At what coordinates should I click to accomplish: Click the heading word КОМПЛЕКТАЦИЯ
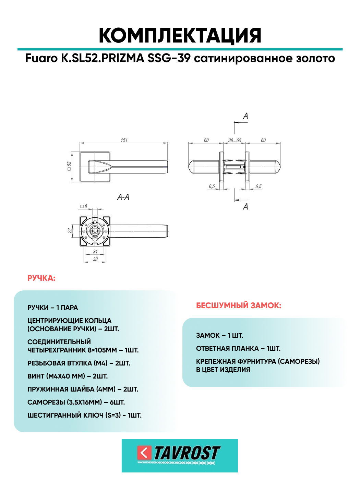click(x=180, y=36)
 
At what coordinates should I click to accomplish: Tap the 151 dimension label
click(x=124, y=140)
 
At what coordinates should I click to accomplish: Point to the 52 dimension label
click(x=69, y=166)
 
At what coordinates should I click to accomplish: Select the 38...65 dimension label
click(x=235, y=140)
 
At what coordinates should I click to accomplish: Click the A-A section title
click(x=123, y=197)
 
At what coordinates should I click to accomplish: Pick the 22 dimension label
click(x=70, y=231)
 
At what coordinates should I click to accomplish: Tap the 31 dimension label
click(x=95, y=251)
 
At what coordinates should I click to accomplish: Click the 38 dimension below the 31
click(x=95, y=259)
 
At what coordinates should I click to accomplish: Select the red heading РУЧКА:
click(x=41, y=278)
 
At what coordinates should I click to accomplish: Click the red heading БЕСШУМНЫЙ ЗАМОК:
click(x=239, y=305)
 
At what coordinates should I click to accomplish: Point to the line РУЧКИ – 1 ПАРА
click(x=53, y=308)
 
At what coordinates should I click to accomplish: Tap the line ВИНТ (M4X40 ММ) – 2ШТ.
click(x=68, y=376)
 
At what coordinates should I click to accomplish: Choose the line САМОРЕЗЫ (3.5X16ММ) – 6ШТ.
click(x=76, y=402)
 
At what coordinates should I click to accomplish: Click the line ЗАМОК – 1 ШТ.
click(x=219, y=335)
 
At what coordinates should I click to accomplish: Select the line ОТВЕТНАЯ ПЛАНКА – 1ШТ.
click(x=238, y=348)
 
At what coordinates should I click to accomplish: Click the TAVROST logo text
click(x=187, y=453)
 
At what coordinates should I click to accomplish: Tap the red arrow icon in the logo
click(x=144, y=453)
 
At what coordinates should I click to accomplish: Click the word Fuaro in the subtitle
click(x=41, y=58)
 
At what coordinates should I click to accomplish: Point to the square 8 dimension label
click(x=84, y=206)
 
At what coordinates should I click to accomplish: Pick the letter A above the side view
click(x=245, y=116)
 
